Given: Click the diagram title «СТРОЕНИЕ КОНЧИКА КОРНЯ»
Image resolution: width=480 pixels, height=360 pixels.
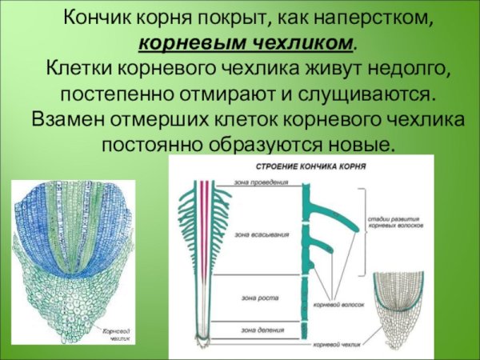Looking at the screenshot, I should (300, 169).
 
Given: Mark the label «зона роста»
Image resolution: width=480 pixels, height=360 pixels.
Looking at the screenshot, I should (255, 298).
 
